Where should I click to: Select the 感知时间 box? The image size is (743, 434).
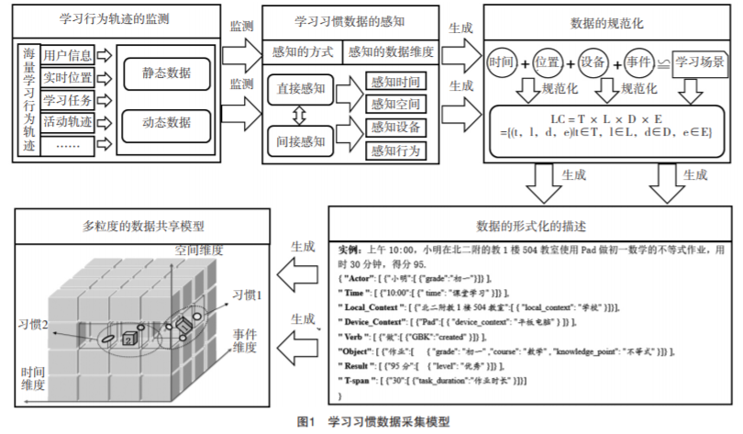click(x=395, y=81)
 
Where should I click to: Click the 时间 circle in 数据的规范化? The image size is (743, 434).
click(x=502, y=62)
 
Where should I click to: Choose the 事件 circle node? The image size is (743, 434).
click(x=642, y=62)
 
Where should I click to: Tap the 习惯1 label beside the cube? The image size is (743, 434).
click(x=247, y=295)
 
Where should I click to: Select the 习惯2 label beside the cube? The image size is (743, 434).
click(x=33, y=324)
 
